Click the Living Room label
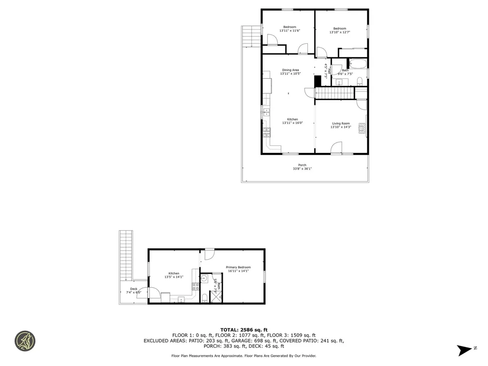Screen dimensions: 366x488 pyautogui.click(x=341, y=123)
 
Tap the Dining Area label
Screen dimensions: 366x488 pyautogui.click(x=290, y=70)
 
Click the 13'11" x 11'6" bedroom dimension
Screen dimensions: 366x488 pyautogui.click(x=290, y=31)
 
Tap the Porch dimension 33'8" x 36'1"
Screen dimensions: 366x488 pyautogui.click(x=302, y=169)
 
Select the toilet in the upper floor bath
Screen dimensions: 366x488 pyautogui.click(x=360, y=80)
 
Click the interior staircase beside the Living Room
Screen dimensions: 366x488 pyautogui.click(x=335, y=93)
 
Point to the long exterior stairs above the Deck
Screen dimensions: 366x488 pyautogui.click(x=126, y=255)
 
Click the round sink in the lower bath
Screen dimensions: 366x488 pyautogui.click(x=204, y=279)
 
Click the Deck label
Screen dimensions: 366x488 pyautogui.click(x=134, y=289)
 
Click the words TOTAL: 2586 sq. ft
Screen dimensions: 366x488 pyautogui.click(x=244, y=330)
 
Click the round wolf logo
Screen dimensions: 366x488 pyautogui.click(x=25, y=341)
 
